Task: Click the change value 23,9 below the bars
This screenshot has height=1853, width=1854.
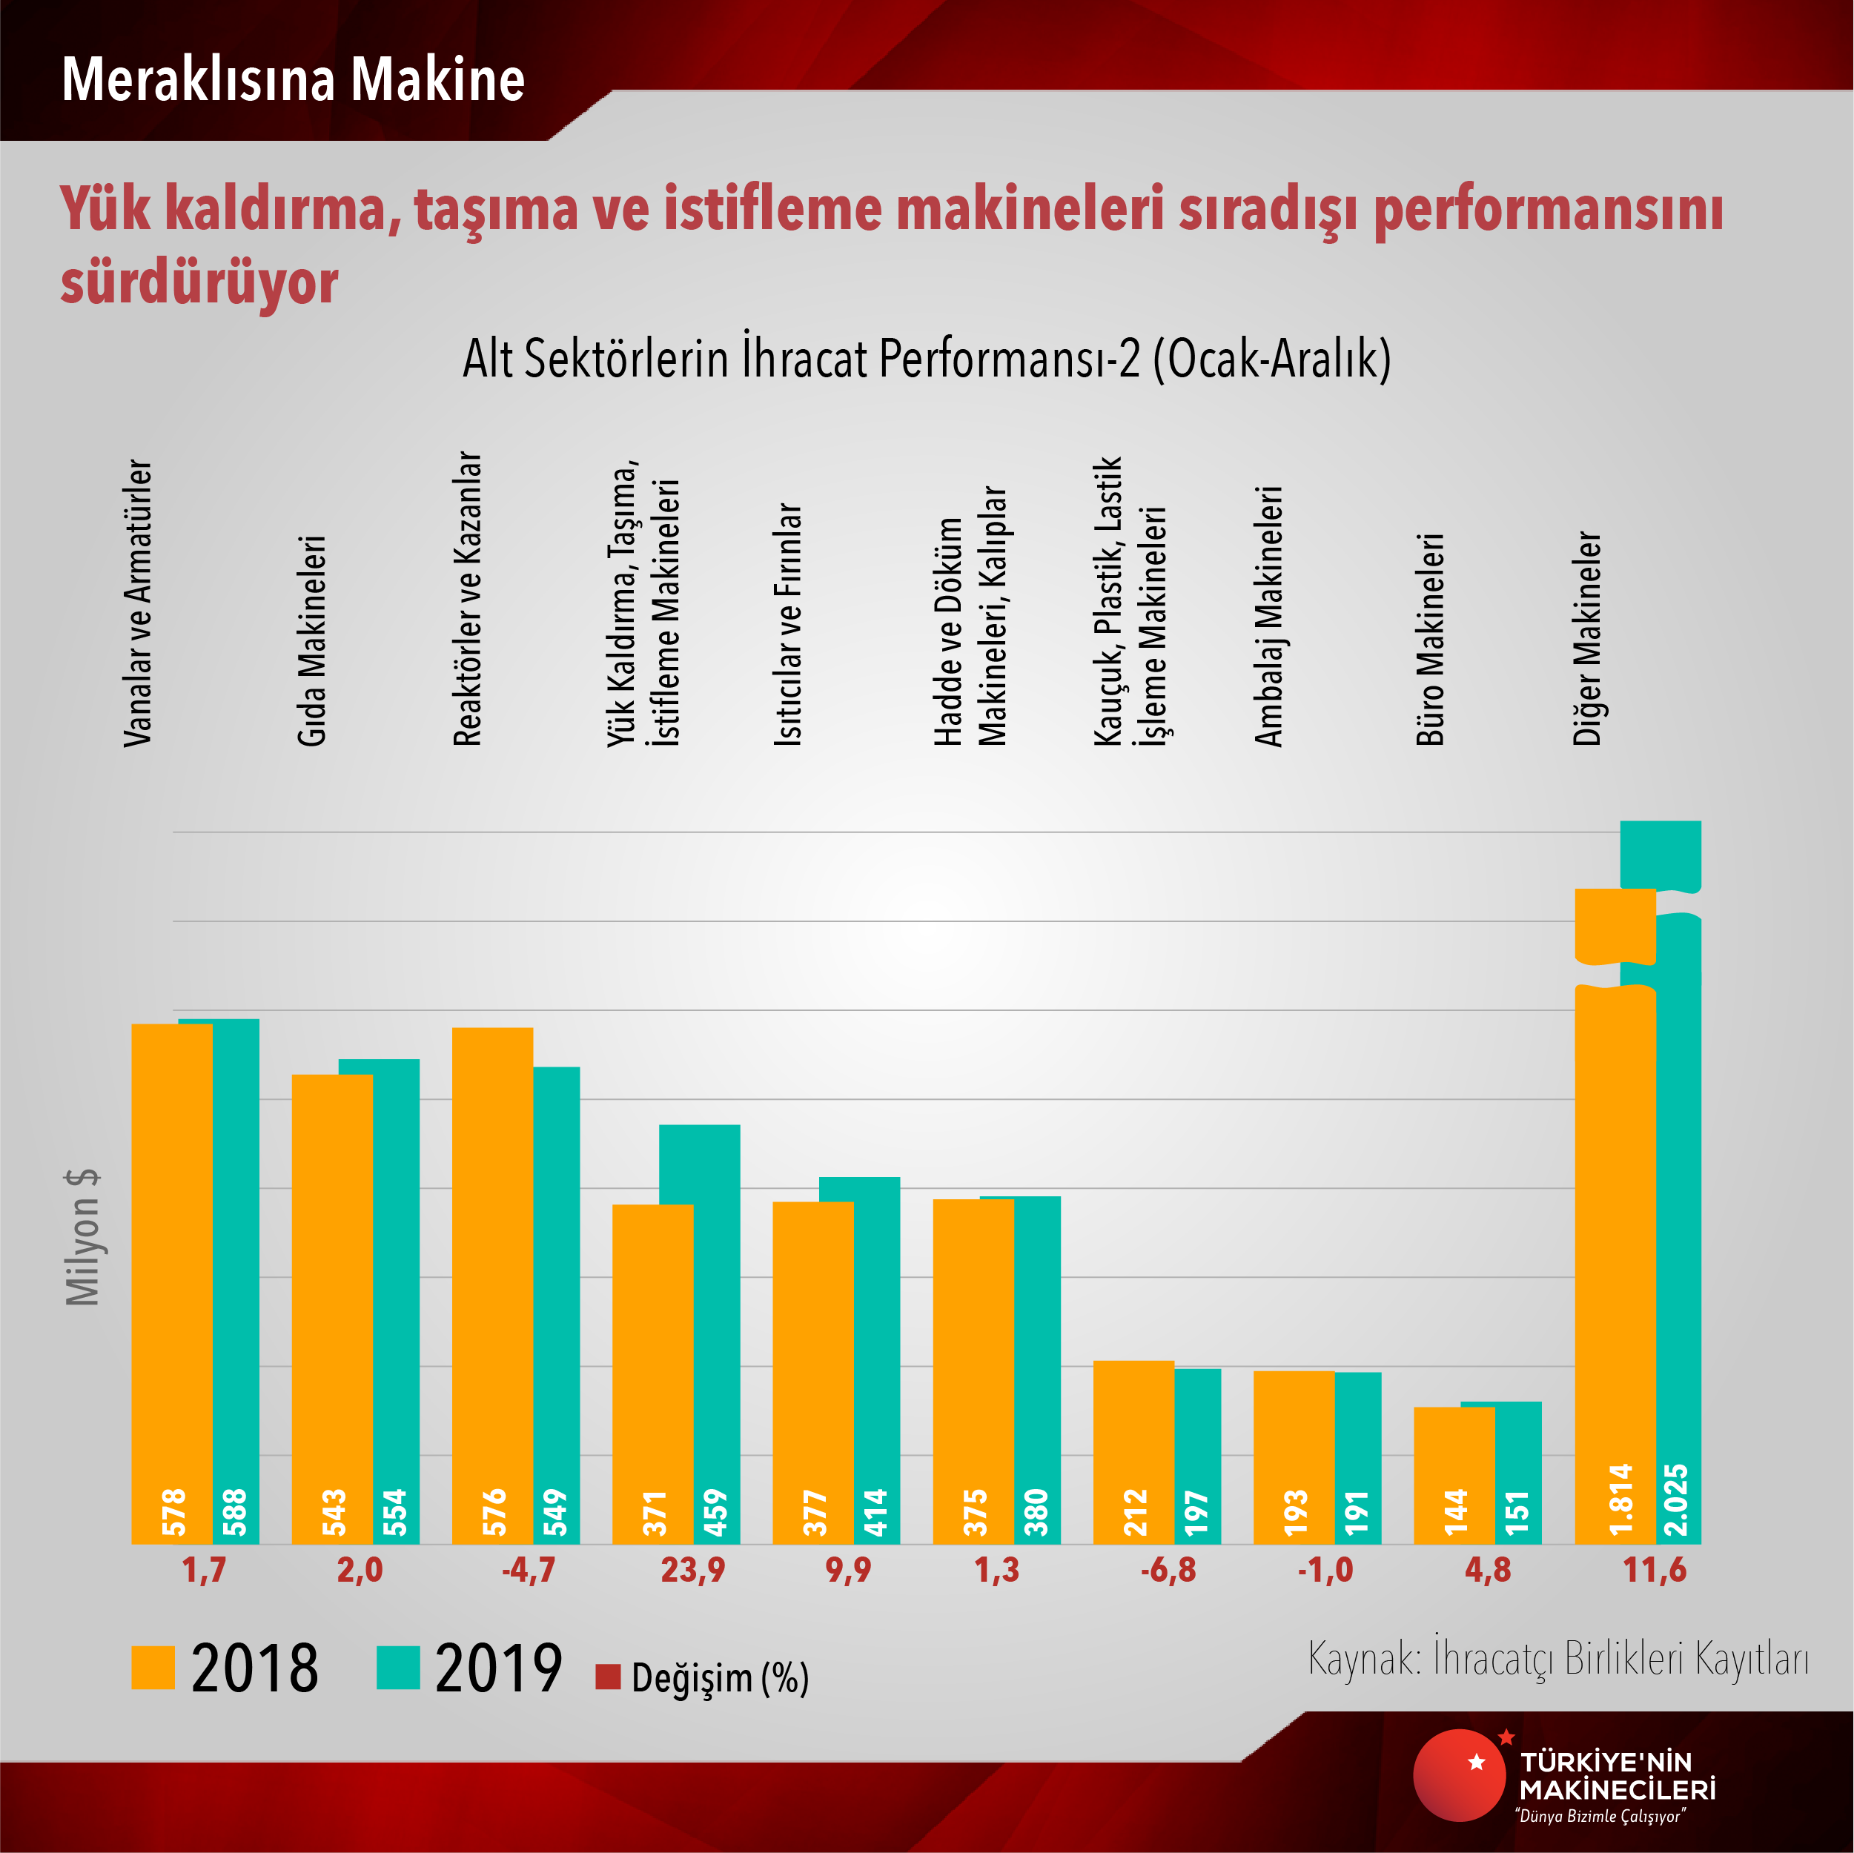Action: (x=692, y=1571)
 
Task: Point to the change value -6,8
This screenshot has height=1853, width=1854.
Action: (x=1168, y=1571)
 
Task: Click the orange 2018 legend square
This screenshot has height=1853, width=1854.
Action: (x=153, y=1668)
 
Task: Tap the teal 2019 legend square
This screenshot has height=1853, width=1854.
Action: (x=397, y=1668)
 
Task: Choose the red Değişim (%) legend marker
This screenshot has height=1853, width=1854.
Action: (x=607, y=1677)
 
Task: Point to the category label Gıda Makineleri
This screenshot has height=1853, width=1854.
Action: (x=312, y=641)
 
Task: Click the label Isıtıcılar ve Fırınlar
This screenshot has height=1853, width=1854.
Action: (x=788, y=624)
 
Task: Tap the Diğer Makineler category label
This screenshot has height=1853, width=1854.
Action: (x=1587, y=638)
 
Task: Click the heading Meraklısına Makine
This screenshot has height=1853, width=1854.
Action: (x=293, y=79)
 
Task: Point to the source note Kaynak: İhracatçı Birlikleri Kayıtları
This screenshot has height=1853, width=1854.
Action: (x=1557, y=1657)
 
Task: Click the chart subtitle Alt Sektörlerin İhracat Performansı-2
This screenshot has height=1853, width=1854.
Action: (x=926, y=359)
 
